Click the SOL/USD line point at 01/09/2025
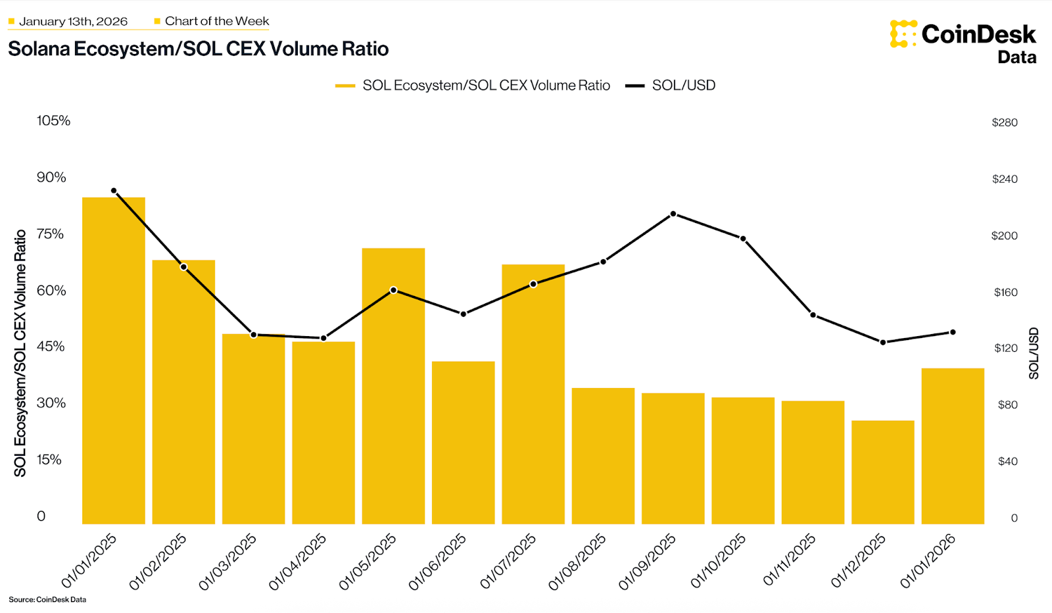tap(673, 214)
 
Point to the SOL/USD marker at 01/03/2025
tap(254, 335)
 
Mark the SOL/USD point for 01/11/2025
tap(813, 315)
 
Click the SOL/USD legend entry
tap(671, 86)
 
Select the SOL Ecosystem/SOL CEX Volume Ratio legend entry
tap(473, 86)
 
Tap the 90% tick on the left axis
tap(51, 177)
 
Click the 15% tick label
tap(49, 459)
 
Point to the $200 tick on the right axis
tap(1004, 235)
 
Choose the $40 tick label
tap(1007, 461)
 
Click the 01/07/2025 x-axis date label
tap(508, 561)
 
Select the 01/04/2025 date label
tap(298, 561)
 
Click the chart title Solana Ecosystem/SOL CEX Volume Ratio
tap(198, 49)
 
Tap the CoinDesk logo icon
tap(903, 34)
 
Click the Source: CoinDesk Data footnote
tap(47, 599)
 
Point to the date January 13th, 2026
tap(73, 21)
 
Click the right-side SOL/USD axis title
tap(1034, 353)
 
